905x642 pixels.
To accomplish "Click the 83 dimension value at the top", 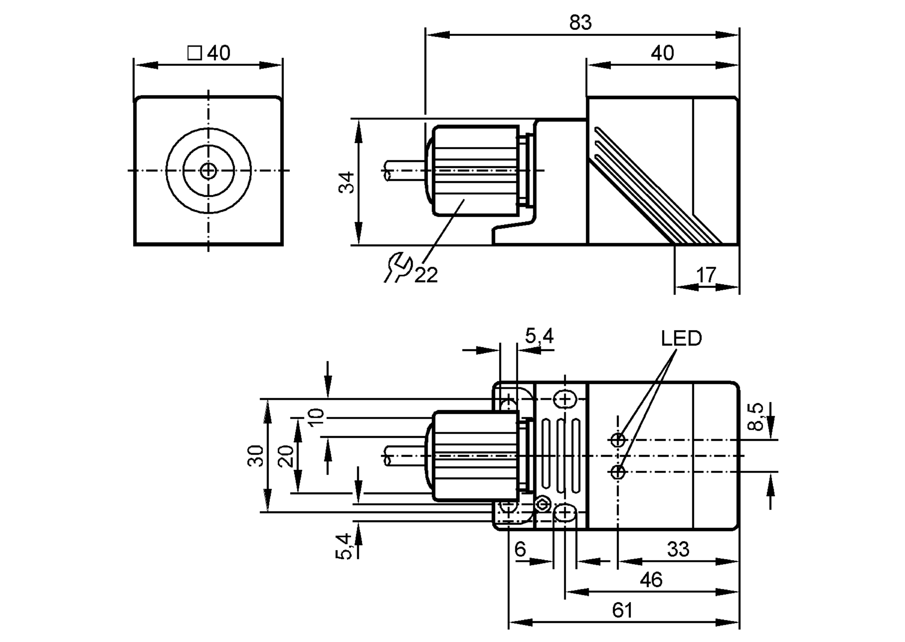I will tap(580, 23).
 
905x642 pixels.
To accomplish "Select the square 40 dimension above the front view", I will tap(209, 53).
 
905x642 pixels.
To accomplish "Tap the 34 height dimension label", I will tap(347, 182).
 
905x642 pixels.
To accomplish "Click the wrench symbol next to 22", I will tap(398, 268).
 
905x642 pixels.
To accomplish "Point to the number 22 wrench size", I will tap(426, 275).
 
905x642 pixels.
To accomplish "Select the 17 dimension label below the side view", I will tap(706, 275).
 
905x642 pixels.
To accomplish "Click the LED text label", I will tap(681, 338).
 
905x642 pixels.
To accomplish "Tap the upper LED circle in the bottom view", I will tap(618, 440).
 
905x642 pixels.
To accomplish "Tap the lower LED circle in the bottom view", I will tap(618, 472).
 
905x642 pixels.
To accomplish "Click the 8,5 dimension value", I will tap(756, 417).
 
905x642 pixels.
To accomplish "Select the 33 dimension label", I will tap(678, 549).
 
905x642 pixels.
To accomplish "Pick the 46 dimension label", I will tap(651, 580).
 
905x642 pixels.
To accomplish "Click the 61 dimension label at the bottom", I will tap(622, 610).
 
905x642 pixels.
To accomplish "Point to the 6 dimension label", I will tap(520, 549).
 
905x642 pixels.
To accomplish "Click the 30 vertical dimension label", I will tap(256, 455).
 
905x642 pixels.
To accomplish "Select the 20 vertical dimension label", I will tap(286, 456).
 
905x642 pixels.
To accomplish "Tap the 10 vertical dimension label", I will tap(316, 417).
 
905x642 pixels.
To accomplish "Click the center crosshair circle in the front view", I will tap(208, 171).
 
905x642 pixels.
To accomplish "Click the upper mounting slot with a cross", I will tap(565, 399).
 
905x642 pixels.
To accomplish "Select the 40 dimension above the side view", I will tap(662, 53).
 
